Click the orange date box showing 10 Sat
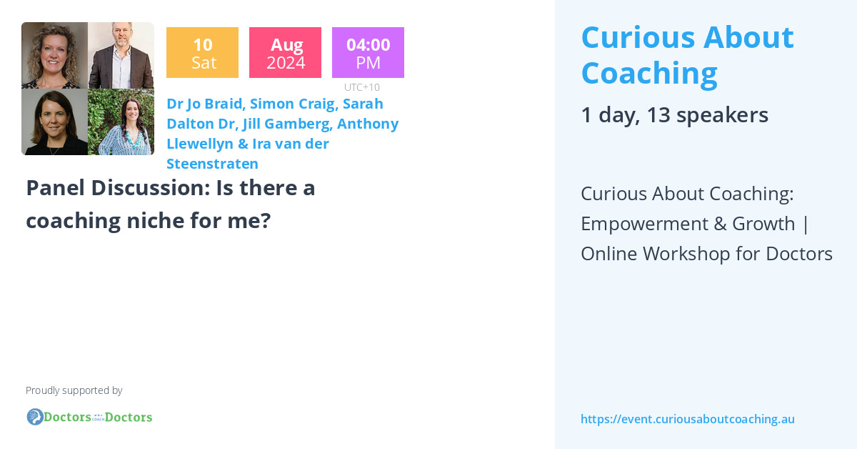click(202, 53)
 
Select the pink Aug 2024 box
click(285, 53)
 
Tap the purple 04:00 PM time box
click(368, 53)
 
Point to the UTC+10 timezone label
click(362, 87)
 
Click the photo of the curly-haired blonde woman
click(55, 56)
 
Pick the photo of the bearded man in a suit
click(121, 56)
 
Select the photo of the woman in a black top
click(55, 122)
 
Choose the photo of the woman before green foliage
click(121, 122)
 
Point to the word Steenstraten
click(212, 164)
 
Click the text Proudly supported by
click(74, 390)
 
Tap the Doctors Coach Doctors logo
click(89, 417)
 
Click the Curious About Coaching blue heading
click(687, 54)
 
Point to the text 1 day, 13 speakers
click(674, 114)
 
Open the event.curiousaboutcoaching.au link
click(687, 419)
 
